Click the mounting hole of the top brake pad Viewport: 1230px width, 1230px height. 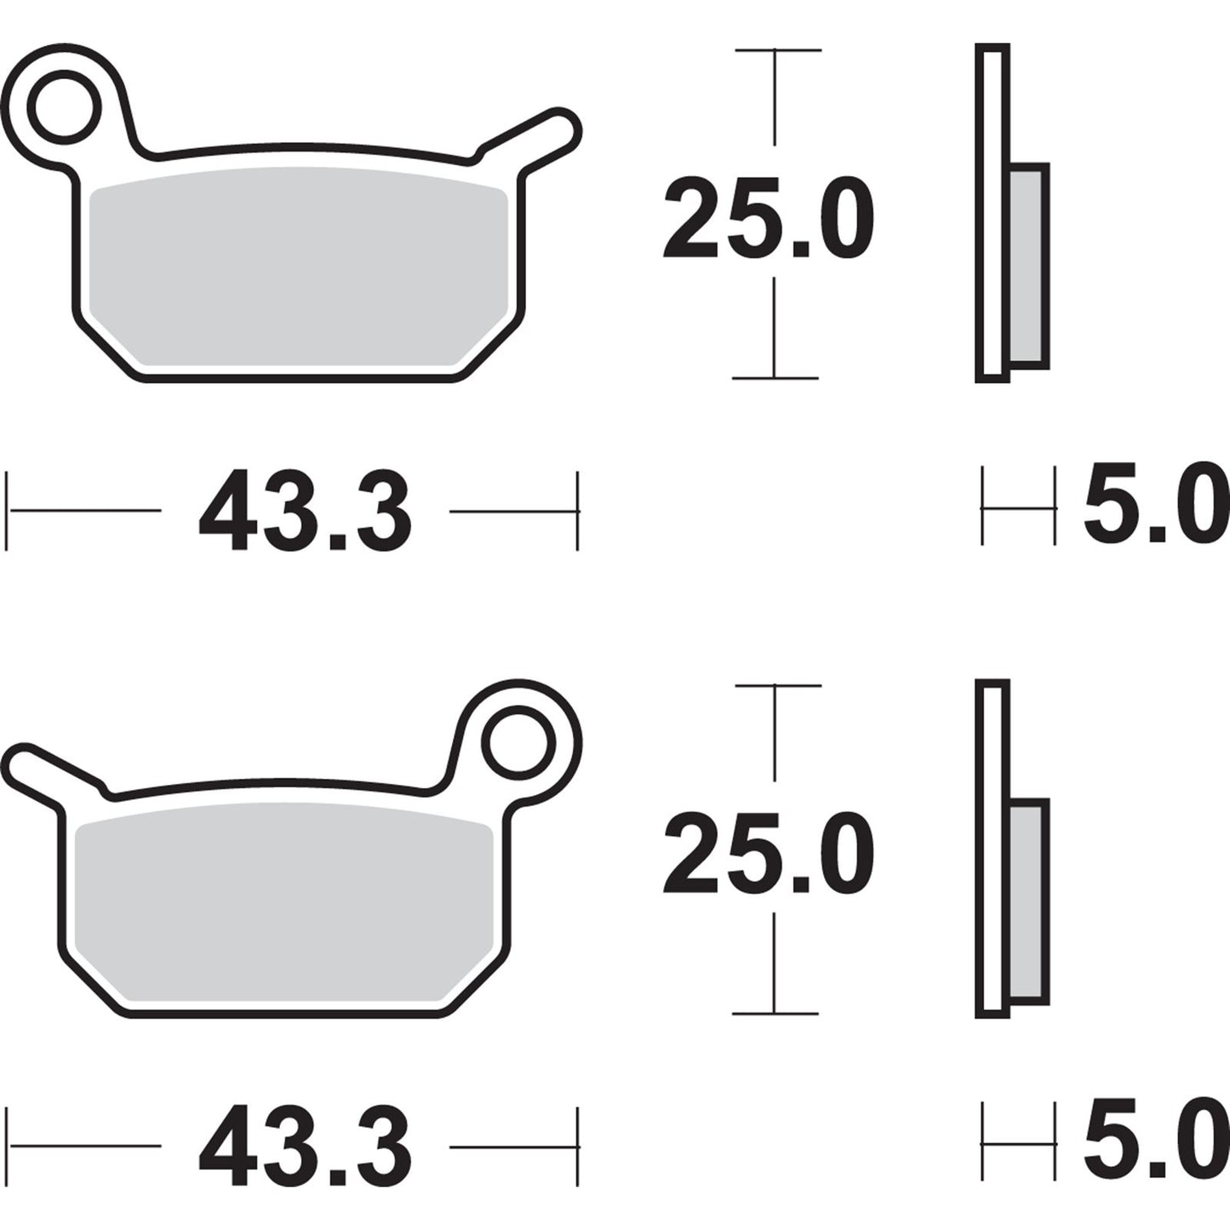64,106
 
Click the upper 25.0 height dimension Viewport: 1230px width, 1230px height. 768,218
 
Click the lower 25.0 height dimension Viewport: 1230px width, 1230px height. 768,853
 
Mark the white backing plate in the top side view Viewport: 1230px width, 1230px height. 992,213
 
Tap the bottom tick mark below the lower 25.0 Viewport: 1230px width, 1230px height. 775,1013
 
